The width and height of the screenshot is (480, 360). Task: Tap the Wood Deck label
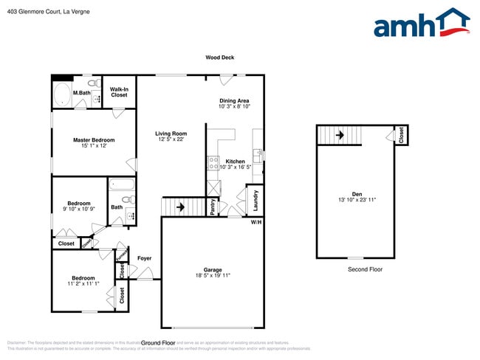tap(219, 58)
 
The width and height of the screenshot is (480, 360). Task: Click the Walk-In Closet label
tap(119, 92)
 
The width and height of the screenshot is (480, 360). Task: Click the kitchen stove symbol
tap(213, 162)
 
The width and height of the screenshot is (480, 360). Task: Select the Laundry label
tap(255, 199)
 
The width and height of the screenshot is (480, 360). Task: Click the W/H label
tap(256, 222)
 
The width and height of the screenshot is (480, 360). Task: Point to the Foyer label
tap(144, 258)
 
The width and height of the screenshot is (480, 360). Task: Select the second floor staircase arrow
tap(340, 135)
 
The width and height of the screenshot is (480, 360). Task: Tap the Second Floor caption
tap(365, 269)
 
